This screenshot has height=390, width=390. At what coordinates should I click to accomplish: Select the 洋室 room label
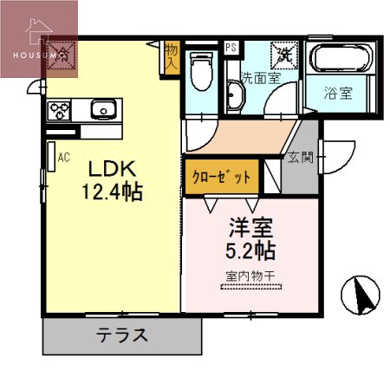[250, 229]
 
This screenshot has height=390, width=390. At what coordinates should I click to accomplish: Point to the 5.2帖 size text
[250, 251]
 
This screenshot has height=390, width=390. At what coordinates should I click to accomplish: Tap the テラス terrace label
[120, 335]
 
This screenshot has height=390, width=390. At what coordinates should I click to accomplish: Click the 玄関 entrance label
[300, 158]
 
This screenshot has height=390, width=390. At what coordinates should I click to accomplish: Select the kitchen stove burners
[60, 110]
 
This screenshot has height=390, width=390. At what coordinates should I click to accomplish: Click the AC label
[63, 159]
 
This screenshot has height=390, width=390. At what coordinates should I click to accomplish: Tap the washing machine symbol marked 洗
[283, 53]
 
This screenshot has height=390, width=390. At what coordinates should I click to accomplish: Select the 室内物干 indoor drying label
[250, 277]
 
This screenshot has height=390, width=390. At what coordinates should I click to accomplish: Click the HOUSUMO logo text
[39, 55]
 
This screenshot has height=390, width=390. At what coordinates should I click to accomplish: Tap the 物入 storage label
[171, 58]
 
